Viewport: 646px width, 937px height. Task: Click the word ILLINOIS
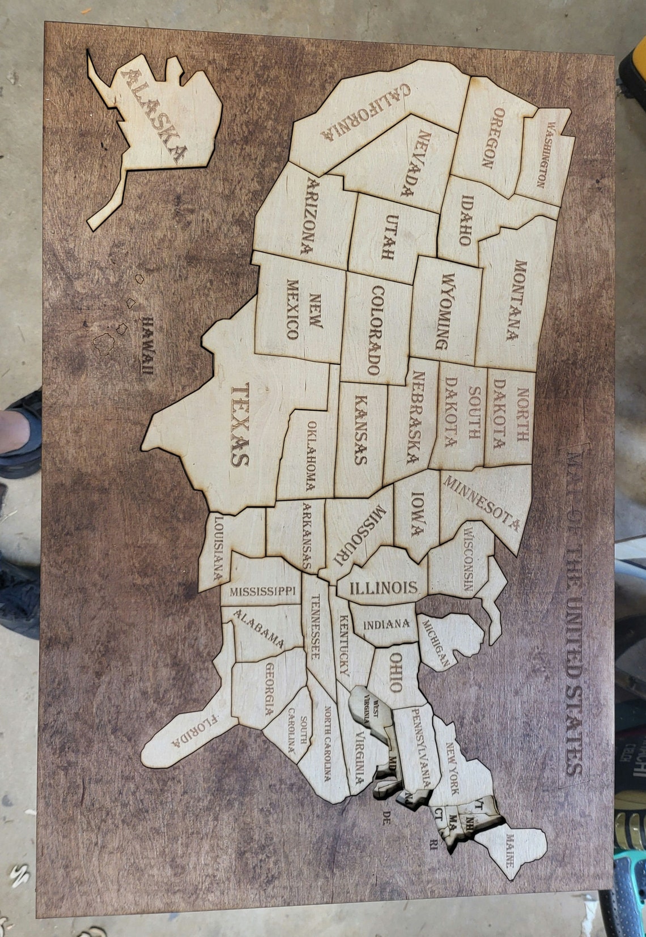click(383, 587)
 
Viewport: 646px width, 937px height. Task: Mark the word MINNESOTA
click(481, 502)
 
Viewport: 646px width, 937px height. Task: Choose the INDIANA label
click(386, 624)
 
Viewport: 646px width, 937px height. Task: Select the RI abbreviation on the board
click(433, 846)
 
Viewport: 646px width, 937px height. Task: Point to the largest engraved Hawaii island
click(104, 343)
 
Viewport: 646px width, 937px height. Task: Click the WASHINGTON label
click(546, 154)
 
